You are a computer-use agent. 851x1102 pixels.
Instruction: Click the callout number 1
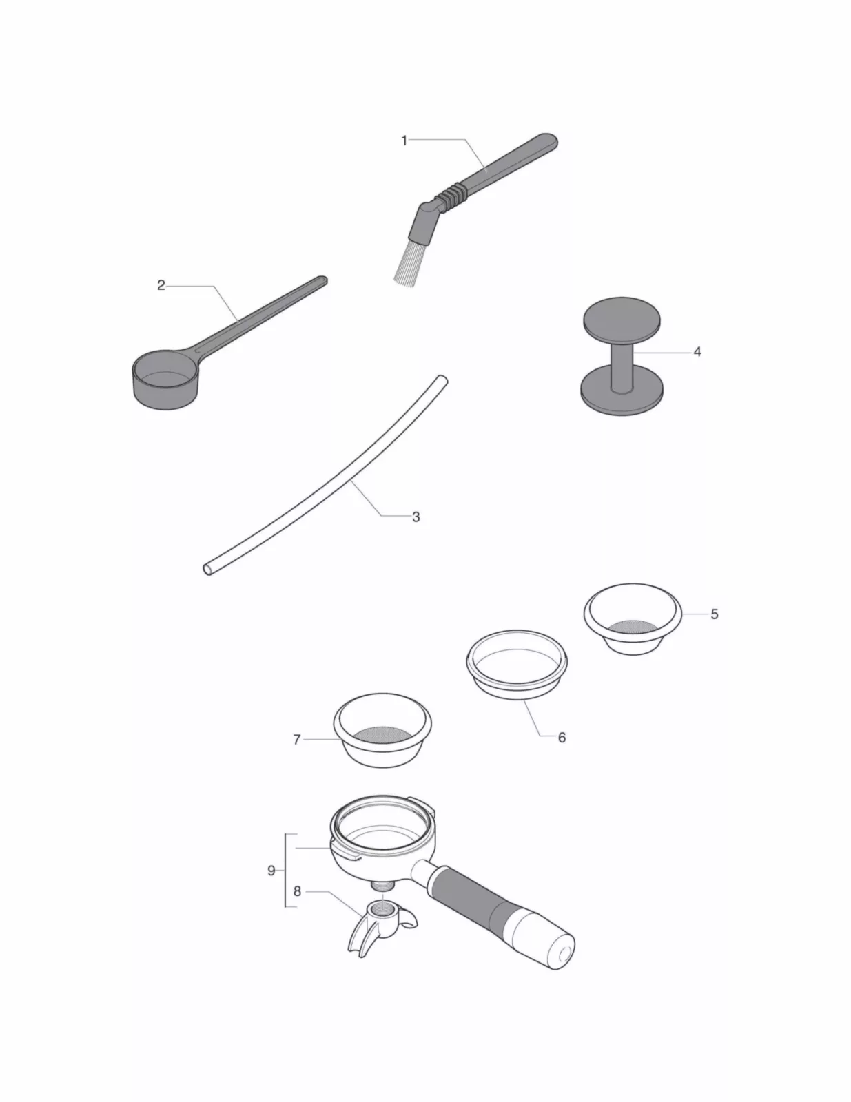tap(404, 141)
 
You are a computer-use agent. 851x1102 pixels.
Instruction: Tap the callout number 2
tap(161, 285)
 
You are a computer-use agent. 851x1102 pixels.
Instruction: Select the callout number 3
tap(416, 517)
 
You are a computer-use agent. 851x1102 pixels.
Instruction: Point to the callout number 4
tap(697, 352)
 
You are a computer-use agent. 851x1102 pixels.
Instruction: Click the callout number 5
tap(714, 614)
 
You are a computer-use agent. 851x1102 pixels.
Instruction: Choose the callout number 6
tap(562, 738)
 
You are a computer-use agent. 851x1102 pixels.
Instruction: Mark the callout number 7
tap(297, 740)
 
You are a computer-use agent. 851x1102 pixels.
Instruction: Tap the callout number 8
tap(297, 891)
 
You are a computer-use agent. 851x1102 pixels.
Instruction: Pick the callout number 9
tap(271, 871)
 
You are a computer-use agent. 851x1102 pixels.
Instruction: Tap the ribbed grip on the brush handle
tap(451, 194)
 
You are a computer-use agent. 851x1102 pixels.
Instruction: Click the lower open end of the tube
tap(208, 569)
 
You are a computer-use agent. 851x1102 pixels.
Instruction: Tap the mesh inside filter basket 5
tap(632, 627)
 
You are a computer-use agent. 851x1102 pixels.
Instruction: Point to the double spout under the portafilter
tap(381, 926)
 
